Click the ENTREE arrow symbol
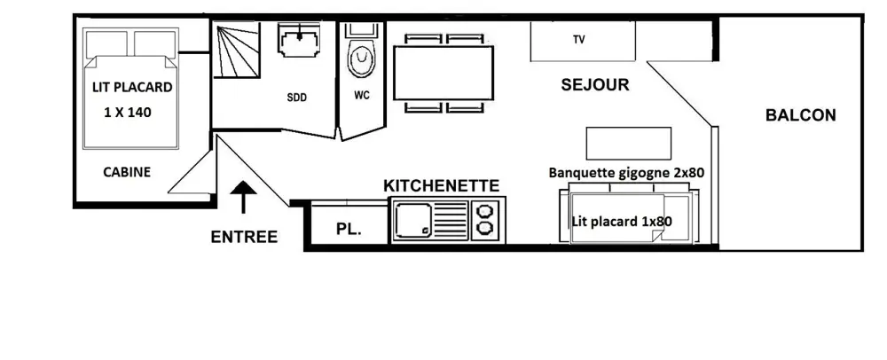(243, 197)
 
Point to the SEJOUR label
(595, 85)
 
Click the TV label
(578, 40)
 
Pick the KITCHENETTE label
(441, 186)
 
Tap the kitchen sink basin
(413, 220)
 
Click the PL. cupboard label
(349, 230)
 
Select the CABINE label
(127, 172)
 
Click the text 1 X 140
(128, 113)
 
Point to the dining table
(443, 73)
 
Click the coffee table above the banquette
(629, 144)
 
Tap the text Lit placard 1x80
(622, 222)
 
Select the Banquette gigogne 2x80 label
(626, 172)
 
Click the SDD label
(296, 98)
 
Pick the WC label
(362, 96)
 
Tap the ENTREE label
(244, 237)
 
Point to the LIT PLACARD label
(132, 88)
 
